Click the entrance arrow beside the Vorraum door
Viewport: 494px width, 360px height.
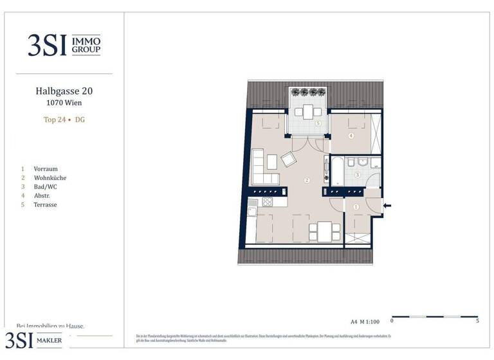[x=387, y=206]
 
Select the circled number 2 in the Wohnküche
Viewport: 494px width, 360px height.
[x=307, y=181]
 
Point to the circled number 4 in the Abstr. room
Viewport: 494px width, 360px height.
[x=351, y=136]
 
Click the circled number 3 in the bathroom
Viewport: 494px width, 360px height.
[x=358, y=175]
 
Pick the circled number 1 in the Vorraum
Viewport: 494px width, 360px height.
[x=356, y=206]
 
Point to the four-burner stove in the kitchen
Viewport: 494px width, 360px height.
[x=267, y=203]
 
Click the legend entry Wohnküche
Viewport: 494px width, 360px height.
[x=50, y=178]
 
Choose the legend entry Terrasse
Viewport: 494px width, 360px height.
[x=46, y=204]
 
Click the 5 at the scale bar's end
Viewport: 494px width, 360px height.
[x=477, y=320]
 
